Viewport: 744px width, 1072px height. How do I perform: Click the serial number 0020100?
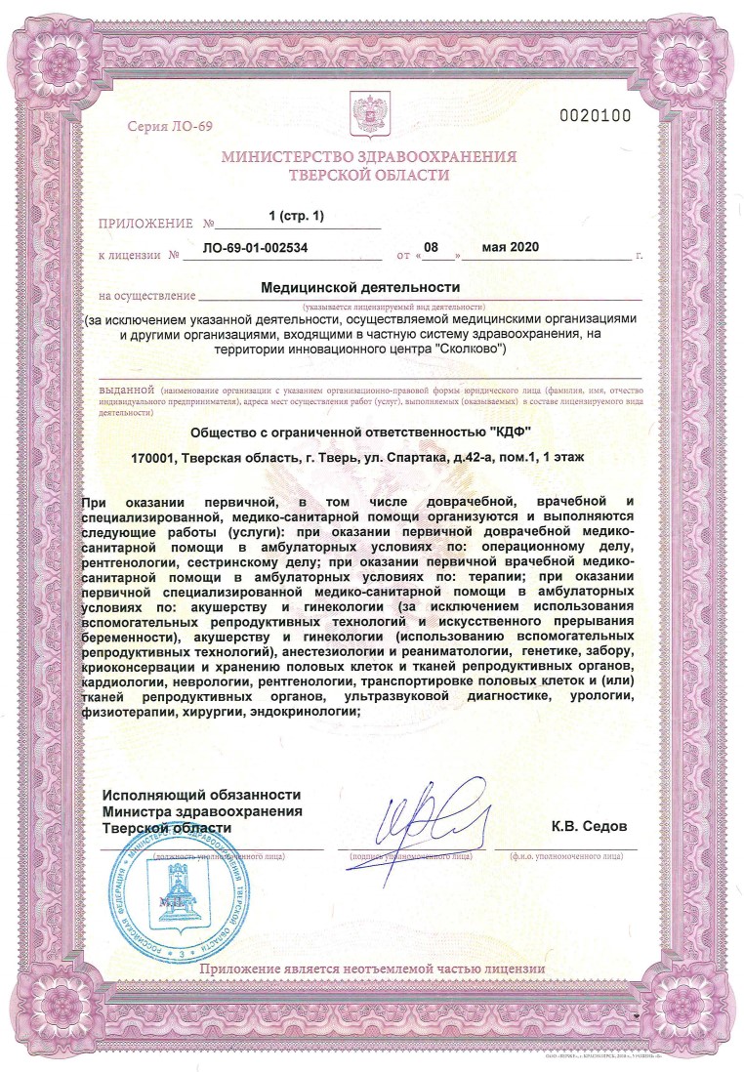pos(595,116)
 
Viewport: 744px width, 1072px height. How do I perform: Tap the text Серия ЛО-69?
pos(169,127)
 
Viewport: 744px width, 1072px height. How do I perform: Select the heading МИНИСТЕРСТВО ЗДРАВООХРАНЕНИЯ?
pos(369,157)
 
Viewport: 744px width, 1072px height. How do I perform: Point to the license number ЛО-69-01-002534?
pos(255,248)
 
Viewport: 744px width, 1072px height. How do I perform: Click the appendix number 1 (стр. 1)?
pos(296,215)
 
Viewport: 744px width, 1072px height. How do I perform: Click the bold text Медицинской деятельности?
pos(360,288)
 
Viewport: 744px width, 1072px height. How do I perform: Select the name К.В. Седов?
pos(589,826)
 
